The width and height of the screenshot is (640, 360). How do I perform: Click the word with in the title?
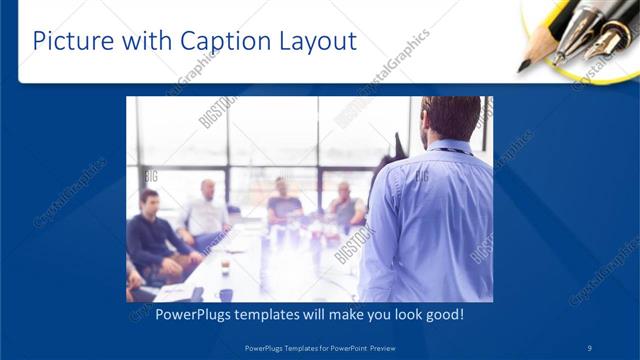(x=144, y=42)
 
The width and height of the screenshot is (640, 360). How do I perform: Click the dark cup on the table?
(x=226, y=294)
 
